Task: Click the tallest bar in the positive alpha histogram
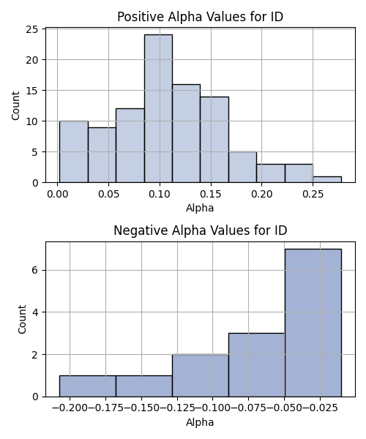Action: coord(159,108)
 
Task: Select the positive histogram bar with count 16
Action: coord(187,133)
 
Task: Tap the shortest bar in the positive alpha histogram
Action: coord(327,179)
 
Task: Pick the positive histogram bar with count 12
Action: coord(130,146)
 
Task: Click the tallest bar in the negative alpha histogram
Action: coord(313,323)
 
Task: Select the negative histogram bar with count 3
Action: coord(257,365)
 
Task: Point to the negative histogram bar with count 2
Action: coord(201,375)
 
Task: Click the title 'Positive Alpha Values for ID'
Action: coord(201,17)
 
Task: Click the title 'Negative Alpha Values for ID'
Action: coord(201,230)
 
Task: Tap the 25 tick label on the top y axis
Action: coord(32,29)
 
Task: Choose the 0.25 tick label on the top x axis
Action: coord(313,194)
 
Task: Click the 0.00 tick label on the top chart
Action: coord(57,194)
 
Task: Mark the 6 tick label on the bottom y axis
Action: coord(35,270)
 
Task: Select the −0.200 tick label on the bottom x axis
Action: coord(70,408)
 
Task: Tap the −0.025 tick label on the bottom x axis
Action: coord(320,408)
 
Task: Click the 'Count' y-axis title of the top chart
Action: coord(15,105)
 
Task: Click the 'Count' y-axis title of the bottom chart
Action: coord(22,320)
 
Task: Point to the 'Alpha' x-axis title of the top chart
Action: coord(200,208)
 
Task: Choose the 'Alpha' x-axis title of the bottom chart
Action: coord(200,422)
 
